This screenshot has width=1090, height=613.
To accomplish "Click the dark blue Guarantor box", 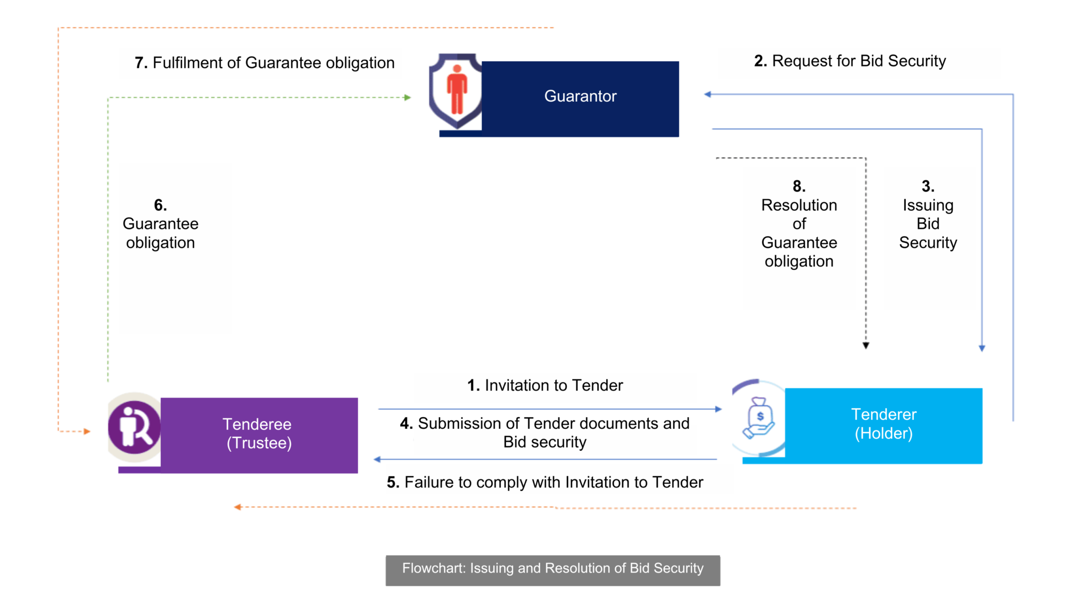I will click(x=580, y=98).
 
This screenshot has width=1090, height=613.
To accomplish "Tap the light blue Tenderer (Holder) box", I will click(x=883, y=425).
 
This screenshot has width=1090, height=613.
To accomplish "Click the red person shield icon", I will click(x=456, y=90).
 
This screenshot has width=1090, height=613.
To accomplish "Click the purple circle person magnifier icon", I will click(x=134, y=427).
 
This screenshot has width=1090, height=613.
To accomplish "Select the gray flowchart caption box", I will click(x=552, y=570).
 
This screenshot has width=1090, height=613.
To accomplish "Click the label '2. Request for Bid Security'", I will click(x=850, y=61).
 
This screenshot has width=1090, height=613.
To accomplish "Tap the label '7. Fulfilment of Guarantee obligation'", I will click(x=265, y=63).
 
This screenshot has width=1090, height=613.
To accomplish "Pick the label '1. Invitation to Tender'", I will click(x=545, y=385).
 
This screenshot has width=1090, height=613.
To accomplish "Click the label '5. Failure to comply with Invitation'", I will click(x=545, y=482).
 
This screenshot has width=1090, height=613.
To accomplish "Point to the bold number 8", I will click(x=799, y=186).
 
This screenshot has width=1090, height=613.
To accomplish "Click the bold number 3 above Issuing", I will click(x=928, y=186).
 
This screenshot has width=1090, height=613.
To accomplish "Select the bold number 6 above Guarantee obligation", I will click(x=160, y=205).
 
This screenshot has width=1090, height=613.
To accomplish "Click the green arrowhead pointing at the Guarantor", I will click(x=408, y=97).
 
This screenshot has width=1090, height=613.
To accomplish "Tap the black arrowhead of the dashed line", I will click(x=866, y=345).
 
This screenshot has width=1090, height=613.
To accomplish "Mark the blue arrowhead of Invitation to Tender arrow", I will click(x=719, y=409).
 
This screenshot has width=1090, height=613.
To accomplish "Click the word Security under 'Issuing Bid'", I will click(x=928, y=243).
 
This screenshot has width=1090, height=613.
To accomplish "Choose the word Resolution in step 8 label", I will click(x=799, y=205).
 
